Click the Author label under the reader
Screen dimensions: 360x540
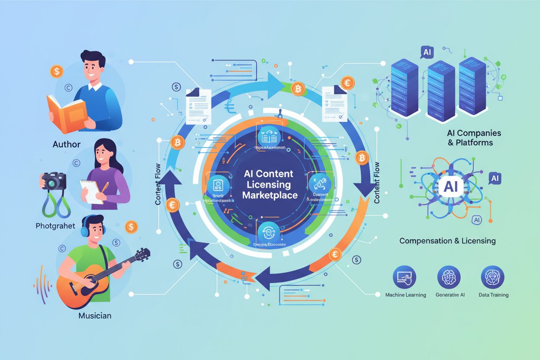point(67,144)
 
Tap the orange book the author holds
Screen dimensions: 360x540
point(67,113)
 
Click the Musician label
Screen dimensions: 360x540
point(95,315)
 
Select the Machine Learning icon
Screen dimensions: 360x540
point(405,277)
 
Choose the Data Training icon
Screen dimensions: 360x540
point(493,277)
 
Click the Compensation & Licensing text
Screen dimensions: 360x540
point(447,241)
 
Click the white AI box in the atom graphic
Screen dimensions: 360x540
point(450,187)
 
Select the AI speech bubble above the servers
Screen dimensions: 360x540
point(427,52)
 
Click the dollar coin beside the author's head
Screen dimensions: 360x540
point(56,71)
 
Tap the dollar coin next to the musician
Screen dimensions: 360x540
point(131,226)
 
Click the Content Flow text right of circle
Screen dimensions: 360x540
point(376,183)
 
